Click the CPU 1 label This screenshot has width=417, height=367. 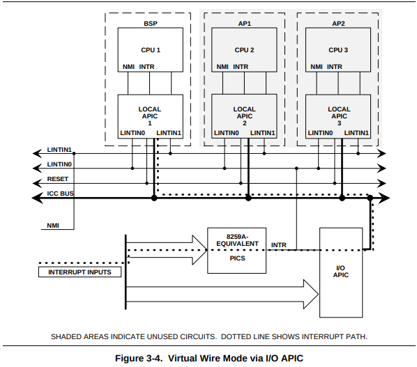pos(151,50)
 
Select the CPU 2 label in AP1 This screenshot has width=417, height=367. pos(244,50)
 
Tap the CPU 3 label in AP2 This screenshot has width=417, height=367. pos(338,50)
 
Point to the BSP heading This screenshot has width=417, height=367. pos(151,24)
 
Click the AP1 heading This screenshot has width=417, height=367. pos(244,24)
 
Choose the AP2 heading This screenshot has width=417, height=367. pos(338,24)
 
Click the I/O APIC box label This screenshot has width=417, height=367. pos(341,272)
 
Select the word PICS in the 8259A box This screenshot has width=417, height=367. pos(237,258)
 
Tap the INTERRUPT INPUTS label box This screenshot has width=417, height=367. pos(79,272)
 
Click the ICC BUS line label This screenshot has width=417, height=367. pos(61,194)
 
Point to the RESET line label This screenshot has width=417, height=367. pos(58,179)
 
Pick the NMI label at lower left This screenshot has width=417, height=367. pos(53,226)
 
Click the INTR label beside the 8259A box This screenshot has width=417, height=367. pos(279,245)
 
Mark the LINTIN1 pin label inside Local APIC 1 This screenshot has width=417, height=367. pos(169,133)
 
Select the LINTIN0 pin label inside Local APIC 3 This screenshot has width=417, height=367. pos(320,133)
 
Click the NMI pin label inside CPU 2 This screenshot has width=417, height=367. pos(222,67)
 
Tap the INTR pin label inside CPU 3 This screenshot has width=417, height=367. pos(334,67)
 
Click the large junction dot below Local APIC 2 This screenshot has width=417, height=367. pos(248,198)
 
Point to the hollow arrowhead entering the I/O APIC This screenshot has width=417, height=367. pos(311,295)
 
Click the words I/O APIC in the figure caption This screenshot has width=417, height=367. pos(285,358)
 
